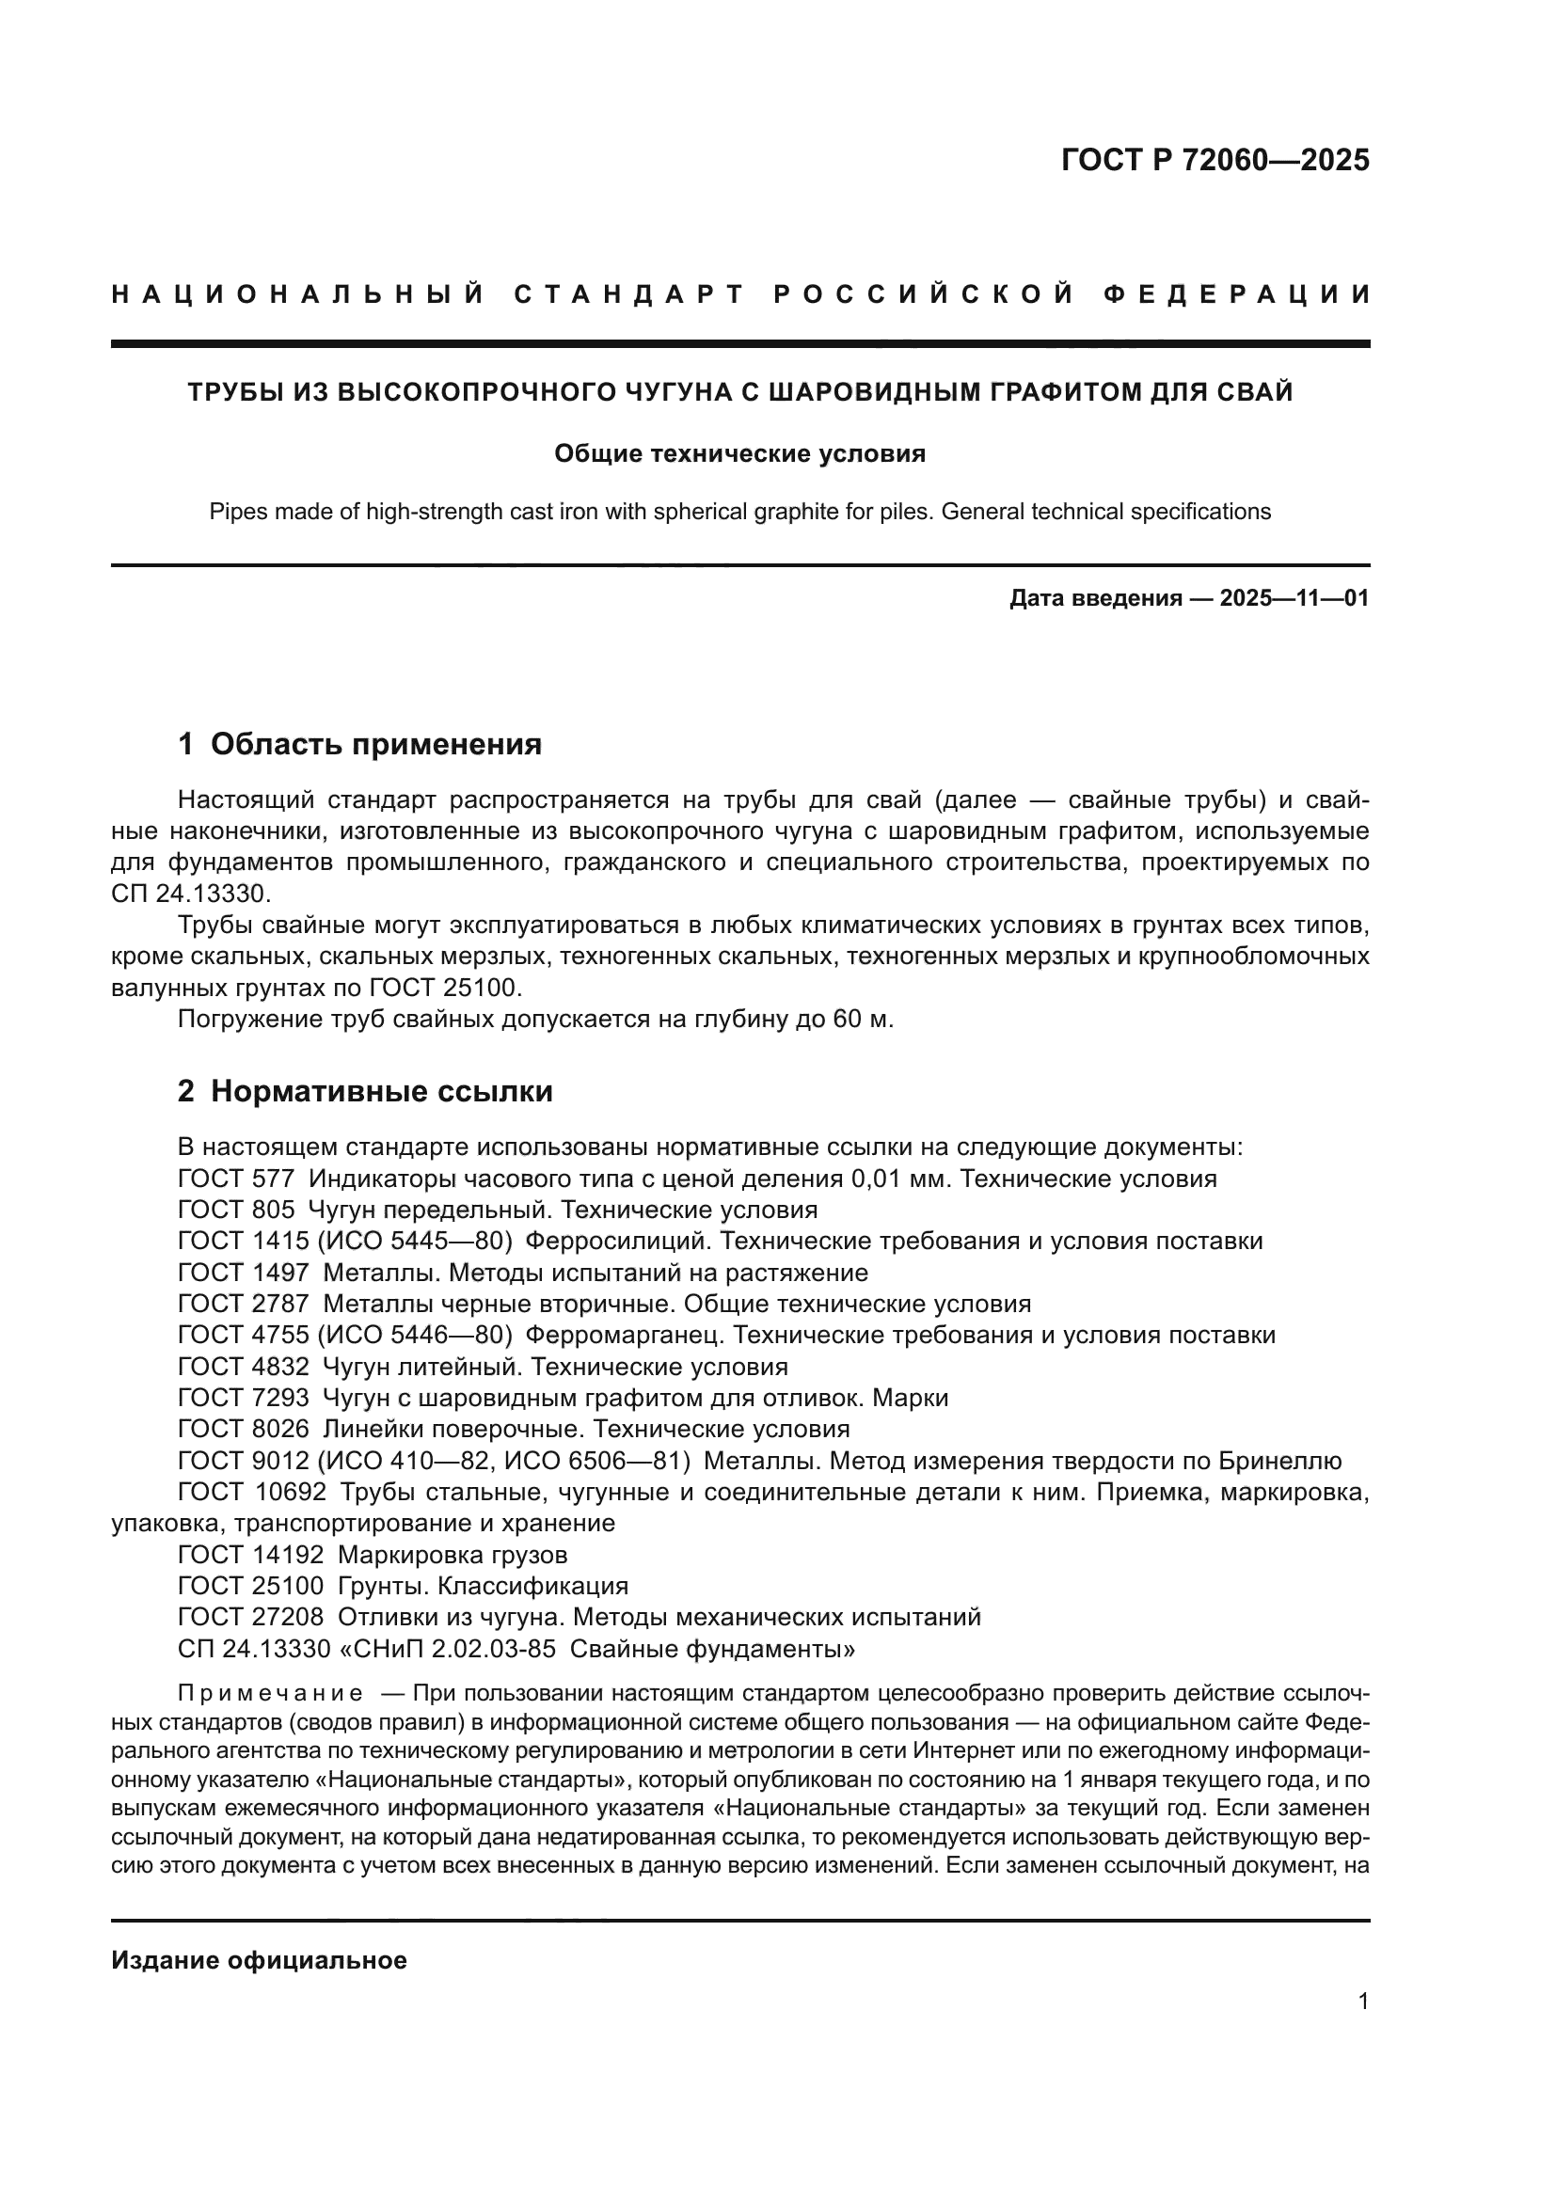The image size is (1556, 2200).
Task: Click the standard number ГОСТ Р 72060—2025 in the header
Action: click(1214, 160)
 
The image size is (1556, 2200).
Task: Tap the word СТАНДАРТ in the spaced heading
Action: click(628, 294)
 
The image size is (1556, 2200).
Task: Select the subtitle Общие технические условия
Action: click(739, 454)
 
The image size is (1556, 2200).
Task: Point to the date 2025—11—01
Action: click(1294, 599)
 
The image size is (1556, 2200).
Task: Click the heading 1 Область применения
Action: click(359, 744)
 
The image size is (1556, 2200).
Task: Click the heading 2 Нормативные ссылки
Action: click(365, 1091)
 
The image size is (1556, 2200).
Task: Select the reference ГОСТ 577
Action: click(236, 1179)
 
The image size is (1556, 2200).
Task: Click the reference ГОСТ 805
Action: click(236, 1211)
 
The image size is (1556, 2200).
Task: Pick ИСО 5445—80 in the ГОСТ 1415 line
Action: click(414, 1242)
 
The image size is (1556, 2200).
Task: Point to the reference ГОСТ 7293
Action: click(244, 1398)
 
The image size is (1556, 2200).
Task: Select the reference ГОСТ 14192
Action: click(250, 1554)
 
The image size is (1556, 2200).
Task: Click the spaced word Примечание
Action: click(270, 1693)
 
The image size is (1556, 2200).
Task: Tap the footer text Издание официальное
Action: click(259, 1960)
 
